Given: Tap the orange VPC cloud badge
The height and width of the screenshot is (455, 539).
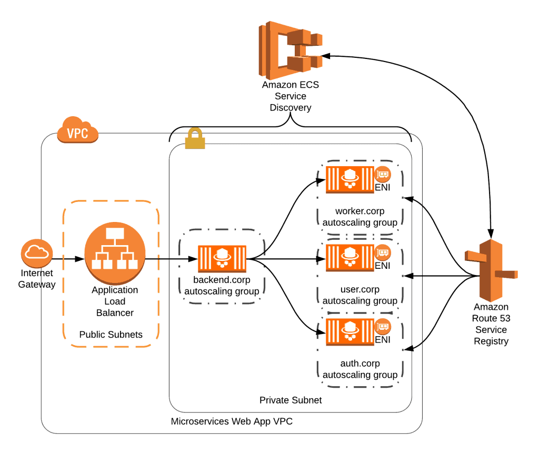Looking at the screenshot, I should (77, 131).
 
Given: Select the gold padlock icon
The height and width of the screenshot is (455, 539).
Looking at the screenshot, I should (195, 139).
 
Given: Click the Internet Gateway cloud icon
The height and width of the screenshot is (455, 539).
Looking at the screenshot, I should (37, 253).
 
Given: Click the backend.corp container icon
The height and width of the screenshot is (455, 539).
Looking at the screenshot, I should (222, 258).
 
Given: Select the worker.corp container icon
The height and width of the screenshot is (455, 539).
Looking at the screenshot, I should (350, 179).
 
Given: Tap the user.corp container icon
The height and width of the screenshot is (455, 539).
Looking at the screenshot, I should (350, 258).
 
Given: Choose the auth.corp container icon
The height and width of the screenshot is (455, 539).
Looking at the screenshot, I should (350, 332).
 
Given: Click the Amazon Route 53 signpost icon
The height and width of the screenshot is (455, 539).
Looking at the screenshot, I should (490, 270).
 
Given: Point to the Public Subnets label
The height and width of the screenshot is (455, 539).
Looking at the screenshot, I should (111, 335).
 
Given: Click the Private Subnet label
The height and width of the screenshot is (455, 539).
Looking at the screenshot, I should (291, 400).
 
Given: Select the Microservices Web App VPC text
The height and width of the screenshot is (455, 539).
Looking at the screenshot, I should (232, 422).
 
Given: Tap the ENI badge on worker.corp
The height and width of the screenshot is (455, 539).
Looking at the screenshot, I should (383, 174).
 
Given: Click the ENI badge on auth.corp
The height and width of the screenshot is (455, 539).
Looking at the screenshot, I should (383, 327).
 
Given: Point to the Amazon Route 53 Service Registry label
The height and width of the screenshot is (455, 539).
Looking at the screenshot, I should (491, 324).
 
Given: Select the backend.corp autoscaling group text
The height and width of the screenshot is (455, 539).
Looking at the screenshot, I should (222, 286).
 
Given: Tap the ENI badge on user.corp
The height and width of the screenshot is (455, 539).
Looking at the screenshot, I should (383, 252).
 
